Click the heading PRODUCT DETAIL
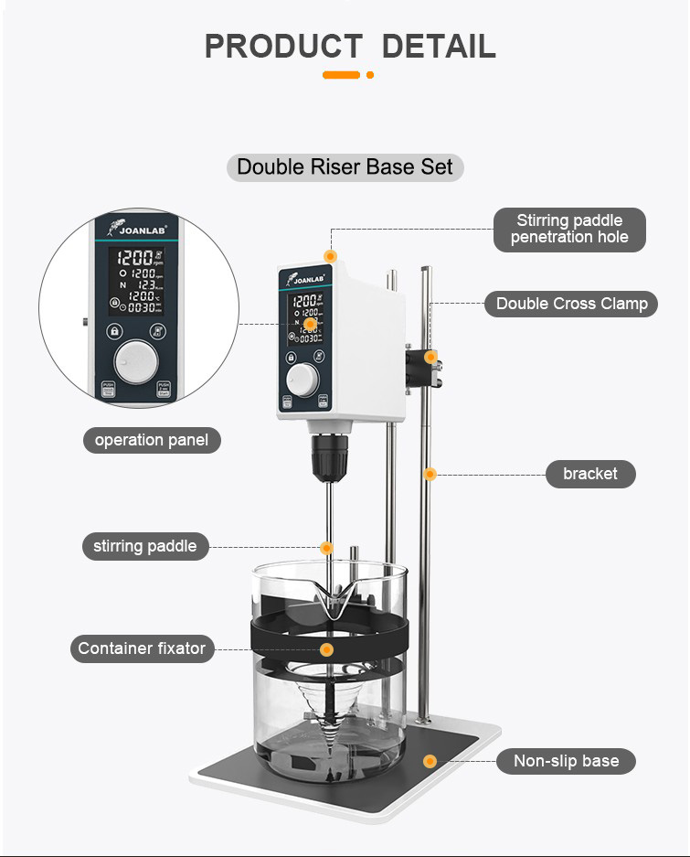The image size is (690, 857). click(349, 46)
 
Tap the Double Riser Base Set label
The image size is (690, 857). click(345, 167)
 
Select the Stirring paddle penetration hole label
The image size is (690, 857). click(569, 229)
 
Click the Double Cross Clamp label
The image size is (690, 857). click(571, 304)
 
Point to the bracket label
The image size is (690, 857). click(589, 474)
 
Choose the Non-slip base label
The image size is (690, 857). click(566, 761)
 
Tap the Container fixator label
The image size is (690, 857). click(142, 648)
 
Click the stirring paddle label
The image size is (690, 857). click(144, 547)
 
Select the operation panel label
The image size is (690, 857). click(151, 440)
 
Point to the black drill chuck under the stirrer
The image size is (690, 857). click(327, 456)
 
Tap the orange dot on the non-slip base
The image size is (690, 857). click(430, 761)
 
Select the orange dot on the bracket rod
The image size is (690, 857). click(430, 474)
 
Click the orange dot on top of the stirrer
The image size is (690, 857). click(330, 255)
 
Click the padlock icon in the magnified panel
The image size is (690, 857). click(113, 332)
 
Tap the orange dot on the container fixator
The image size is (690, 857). click(326, 648)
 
